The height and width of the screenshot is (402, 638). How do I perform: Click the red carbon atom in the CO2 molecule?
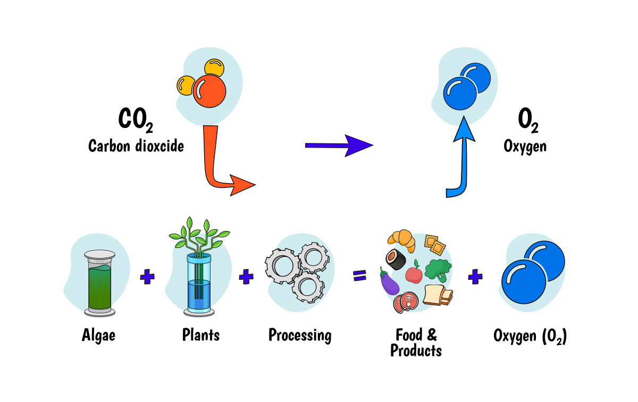click(209, 91)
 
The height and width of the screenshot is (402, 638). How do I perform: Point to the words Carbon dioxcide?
click(136, 146)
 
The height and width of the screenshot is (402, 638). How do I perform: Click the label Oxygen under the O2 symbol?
click(525, 146)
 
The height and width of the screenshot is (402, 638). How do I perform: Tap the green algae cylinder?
click(99, 284)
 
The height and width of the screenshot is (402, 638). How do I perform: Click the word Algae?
click(99, 336)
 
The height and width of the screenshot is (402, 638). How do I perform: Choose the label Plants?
click(200, 335)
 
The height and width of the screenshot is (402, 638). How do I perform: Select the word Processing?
click(300, 336)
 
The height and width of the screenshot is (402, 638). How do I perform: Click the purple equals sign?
click(360, 275)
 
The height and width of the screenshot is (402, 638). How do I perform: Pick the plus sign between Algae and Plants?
click(147, 276)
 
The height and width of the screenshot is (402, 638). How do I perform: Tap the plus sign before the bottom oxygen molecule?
click(475, 276)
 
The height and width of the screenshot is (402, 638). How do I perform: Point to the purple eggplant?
click(389, 281)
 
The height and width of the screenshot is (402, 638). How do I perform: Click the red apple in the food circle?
click(414, 274)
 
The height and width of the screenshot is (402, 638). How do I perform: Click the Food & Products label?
click(416, 343)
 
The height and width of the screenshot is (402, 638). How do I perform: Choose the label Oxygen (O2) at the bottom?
click(530, 336)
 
